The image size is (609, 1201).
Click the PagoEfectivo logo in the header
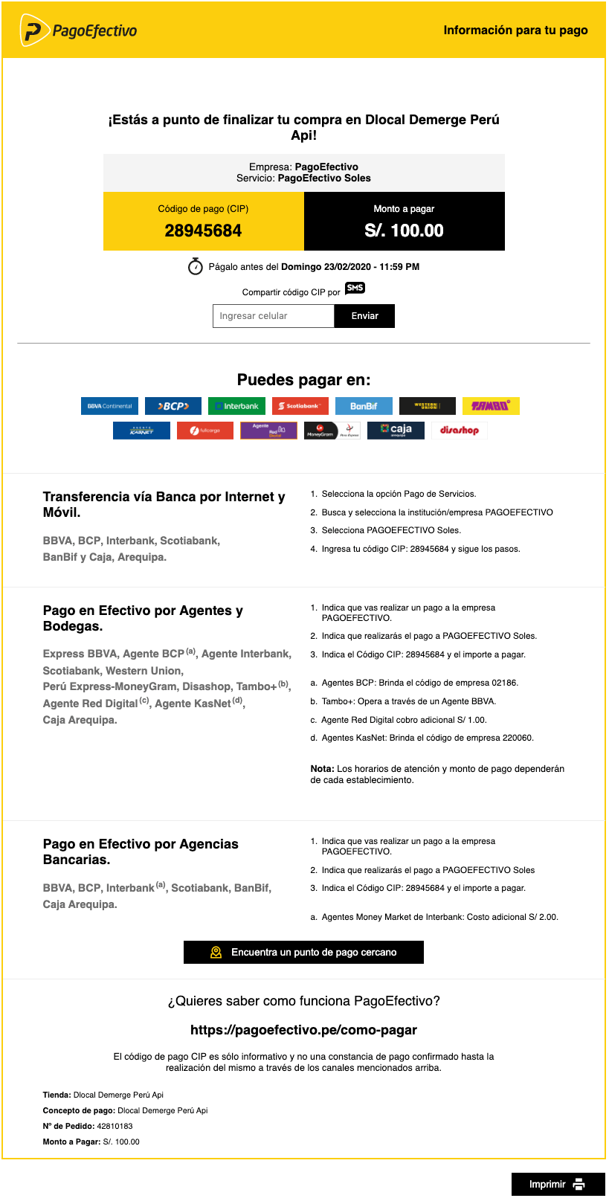coord(80,30)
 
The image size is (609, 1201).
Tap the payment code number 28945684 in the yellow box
coord(203,231)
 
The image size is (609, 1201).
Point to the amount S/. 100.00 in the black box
coord(404,231)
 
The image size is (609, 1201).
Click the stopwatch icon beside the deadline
coord(196,266)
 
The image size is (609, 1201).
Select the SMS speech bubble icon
coord(355,289)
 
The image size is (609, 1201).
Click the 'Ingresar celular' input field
coord(273,316)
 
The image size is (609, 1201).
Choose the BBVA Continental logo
coord(109,406)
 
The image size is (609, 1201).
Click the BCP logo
coord(173,406)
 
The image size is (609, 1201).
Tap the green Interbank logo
coord(236,406)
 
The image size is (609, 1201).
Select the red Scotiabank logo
coord(300,406)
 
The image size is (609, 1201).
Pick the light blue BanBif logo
coord(364,406)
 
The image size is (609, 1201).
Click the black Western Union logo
coord(427,406)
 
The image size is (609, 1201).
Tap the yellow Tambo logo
coord(491,406)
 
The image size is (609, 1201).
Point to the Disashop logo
coord(459,431)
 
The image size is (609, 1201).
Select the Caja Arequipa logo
coord(396,431)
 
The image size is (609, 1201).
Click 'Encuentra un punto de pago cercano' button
coord(303,952)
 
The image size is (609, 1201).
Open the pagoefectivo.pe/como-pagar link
coord(303,1030)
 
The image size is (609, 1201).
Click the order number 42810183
coord(115,1126)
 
